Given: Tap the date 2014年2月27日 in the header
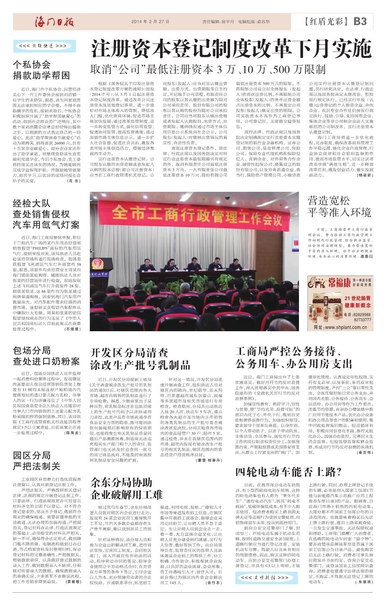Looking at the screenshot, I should [150, 22].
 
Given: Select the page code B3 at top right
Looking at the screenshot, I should [359, 21].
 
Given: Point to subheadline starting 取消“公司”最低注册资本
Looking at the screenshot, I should [208, 69].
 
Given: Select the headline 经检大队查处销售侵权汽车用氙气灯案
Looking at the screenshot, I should [46, 214].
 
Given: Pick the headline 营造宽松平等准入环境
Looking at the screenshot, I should [339, 206].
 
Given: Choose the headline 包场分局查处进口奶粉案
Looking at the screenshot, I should [46, 355].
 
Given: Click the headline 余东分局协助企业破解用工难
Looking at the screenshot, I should [126, 488].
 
